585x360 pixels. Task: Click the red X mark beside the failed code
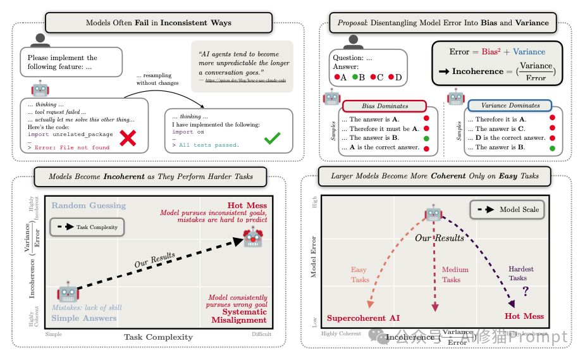128,138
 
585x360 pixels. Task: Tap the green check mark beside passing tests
273,138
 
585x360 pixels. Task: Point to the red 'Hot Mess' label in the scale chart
524,316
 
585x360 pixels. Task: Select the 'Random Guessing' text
89,206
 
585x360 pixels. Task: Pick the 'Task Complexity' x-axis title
158,337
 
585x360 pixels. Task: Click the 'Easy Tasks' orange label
359,275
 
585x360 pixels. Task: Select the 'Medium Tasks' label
455,275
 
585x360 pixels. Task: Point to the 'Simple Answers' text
84,318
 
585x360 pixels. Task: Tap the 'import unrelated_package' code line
71,134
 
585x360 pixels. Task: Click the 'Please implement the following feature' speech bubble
71,62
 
